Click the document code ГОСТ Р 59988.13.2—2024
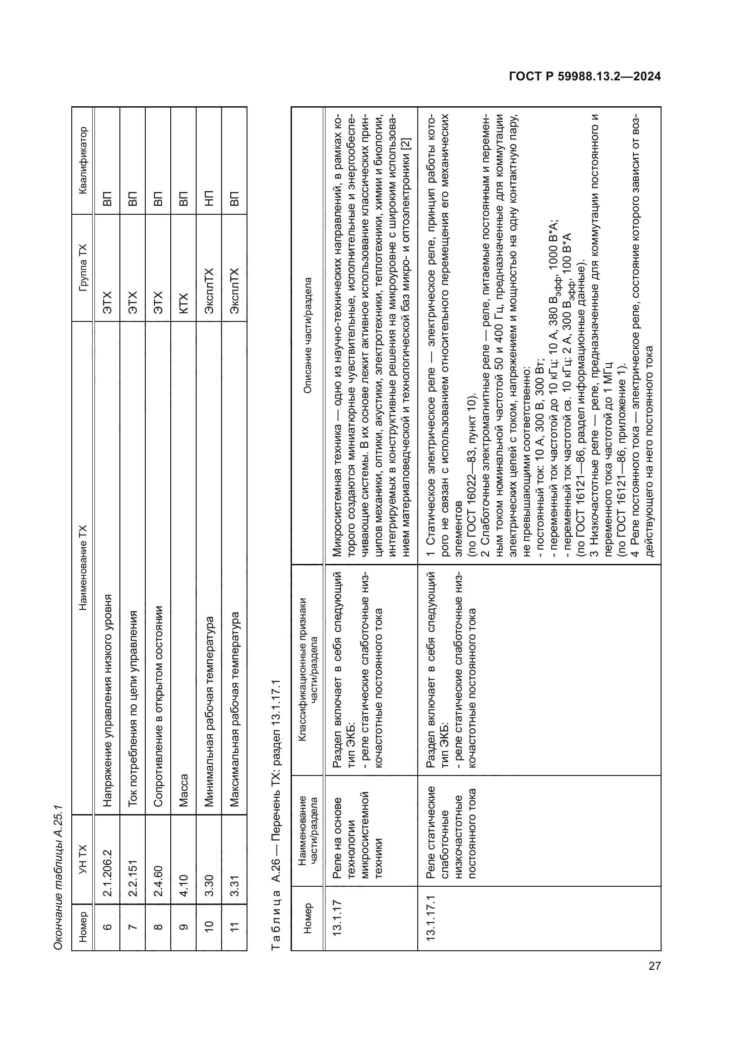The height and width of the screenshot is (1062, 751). point(584,77)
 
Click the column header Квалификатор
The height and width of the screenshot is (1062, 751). point(83,160)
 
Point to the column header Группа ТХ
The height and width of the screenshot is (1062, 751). point(83,267)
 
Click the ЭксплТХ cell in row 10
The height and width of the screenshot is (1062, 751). point(209,291)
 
